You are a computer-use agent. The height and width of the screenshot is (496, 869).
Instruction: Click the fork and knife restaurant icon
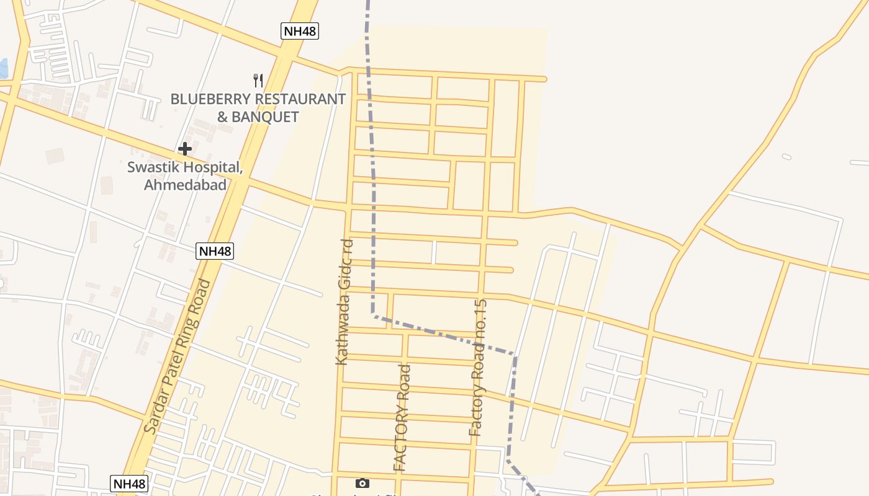pyautogui.click(x=258, y=80)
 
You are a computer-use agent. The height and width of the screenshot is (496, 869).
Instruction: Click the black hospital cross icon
pyautogui.click(x=184, y=149)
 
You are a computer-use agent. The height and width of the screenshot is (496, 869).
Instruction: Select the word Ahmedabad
pyautogui.click(x=185, y=185)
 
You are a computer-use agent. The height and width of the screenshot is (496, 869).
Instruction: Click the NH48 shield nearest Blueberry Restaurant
pyautogui.click(x=299, y=32)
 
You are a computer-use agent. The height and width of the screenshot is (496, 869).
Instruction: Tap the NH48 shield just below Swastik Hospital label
pyautogui.click(x=215, y=251)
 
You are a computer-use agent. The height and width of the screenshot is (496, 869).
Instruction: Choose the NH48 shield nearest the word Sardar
pyautogui.click(x=129, y=484)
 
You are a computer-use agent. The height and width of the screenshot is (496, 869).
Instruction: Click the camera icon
pyautogui.click(x=362, y=483)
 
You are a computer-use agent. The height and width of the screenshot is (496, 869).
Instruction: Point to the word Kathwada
pyautogui.click(x=343, y=334)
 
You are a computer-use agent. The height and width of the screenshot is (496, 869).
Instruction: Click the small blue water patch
pyautogui.click(x=3, y=68)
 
